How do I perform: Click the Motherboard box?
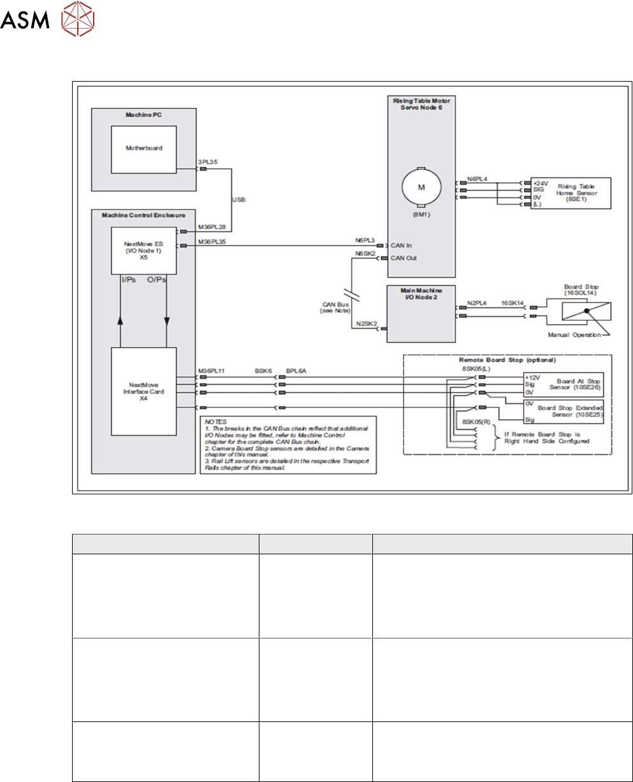point(143,148)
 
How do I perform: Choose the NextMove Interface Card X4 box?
point(143,392)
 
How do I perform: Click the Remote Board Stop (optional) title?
point(506,360)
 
